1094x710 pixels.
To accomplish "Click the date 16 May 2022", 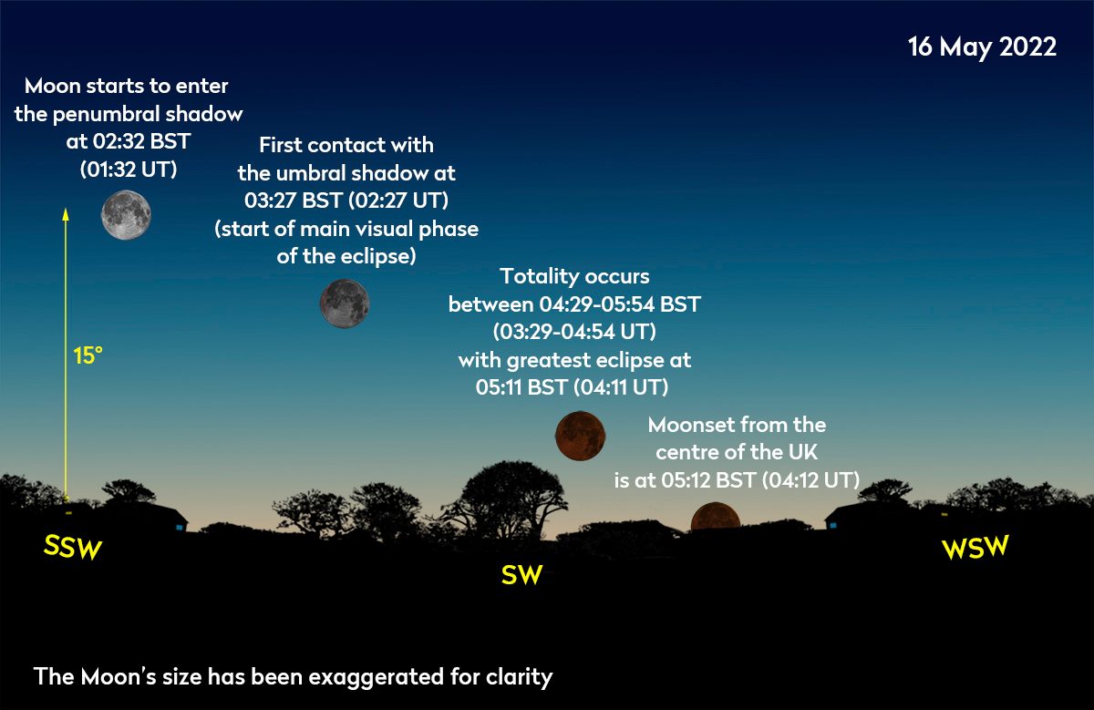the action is pyautogui.click(x=982, y=47).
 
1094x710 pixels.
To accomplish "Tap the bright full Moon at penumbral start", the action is pyautogui.click(x=126, y=215).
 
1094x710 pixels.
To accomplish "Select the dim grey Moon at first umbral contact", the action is pyautogui.click(x=345, y=304).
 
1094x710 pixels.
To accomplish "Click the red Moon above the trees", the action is pyautogui.click(x=580, y=436).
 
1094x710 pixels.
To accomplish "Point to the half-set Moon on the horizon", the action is pyautogui.click(x=716, y=517).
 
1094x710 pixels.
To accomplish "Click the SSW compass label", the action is pyautogui.click(x=73, y=547).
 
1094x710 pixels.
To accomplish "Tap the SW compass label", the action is pyautogui.click(x=521, y=575).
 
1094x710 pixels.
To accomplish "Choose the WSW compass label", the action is pyautogui.click(x=975, y=547).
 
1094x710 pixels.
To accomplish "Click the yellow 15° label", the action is pyautogui.click(x=88, y=355).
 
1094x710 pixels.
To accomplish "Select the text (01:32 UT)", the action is pyautogui.click(x=129, y=170).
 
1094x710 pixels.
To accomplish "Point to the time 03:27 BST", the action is pyautogui.click(x=293, y=201).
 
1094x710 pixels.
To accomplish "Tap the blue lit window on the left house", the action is pyautogui.click(x=180, y=528).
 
